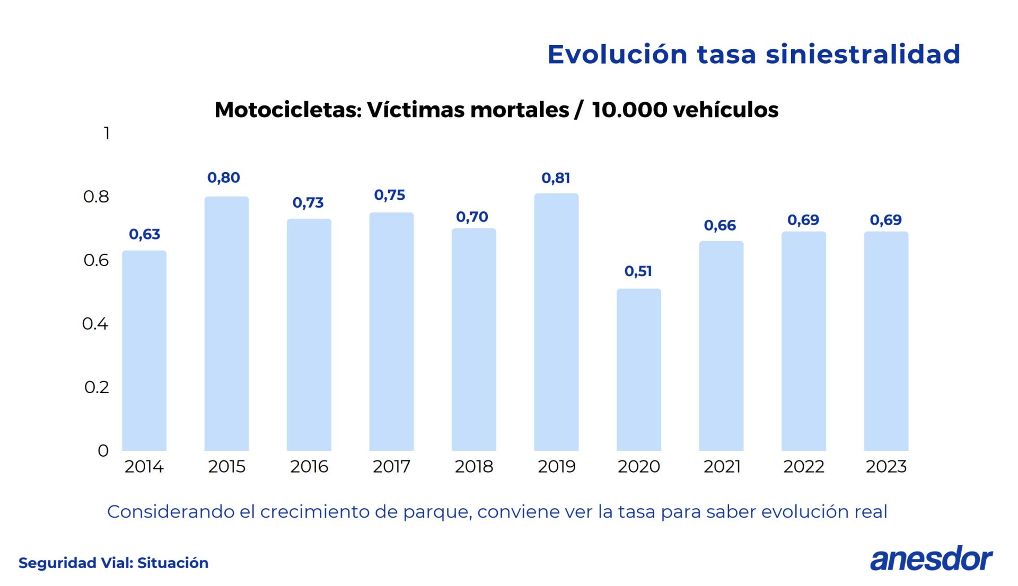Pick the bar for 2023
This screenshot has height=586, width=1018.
[x=885, y=341]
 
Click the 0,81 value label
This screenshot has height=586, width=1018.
[x=556, y=178]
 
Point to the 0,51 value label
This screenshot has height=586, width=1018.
[x=638, y=271]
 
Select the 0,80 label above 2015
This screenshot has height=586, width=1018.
[x=224, y=177]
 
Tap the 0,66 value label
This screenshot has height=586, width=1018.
[x=720, y=226]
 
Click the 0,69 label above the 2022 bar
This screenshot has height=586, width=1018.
[x=803, y=220]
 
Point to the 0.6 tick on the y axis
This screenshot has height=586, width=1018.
[x=96, y=260]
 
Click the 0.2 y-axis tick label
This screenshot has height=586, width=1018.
[x=96, y=387]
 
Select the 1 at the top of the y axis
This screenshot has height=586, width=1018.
[x=107, y=133]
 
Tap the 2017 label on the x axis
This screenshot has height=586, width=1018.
[x=391, y=466]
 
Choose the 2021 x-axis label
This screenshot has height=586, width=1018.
[x=722, y=466]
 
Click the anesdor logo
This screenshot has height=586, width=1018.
[x=931, y=559]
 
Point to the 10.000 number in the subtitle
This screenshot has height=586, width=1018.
[x=629, y=110]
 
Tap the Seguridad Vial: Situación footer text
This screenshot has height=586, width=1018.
[x=113, y=563]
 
